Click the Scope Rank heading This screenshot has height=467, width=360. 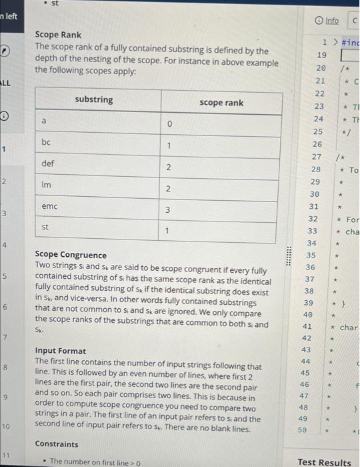58,34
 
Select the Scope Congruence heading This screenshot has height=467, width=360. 71,255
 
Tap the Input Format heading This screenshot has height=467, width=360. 60,351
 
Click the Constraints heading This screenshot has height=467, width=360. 57,444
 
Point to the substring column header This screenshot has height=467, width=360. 93,100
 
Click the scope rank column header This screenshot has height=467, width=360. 221,103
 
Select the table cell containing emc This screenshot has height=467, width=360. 49,207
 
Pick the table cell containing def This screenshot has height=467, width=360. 47,163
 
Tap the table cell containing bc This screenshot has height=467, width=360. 45,142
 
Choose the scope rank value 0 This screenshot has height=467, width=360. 169,124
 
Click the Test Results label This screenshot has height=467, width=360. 324,462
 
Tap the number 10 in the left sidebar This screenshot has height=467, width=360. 6,425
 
